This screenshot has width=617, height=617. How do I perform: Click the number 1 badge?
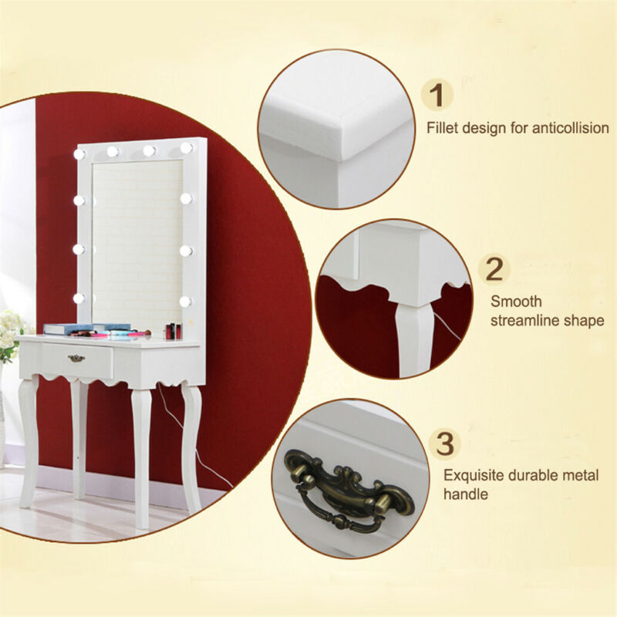[x=437, y=95]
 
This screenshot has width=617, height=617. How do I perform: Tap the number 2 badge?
[x=494, y=269]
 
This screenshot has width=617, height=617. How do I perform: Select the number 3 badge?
[x=445, y=443]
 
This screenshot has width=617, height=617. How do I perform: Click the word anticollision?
[x=571, y=128]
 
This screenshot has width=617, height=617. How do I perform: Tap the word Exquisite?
[x=474, y=475]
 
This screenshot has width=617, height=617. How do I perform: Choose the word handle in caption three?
[x=466, y=494]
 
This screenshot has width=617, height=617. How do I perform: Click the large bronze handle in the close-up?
[x=349, y=490]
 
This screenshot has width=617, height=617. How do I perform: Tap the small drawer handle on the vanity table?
[x=76, y=358]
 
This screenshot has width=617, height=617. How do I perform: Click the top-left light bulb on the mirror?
[x=79, y=154]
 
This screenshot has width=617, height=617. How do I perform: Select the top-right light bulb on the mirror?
[x=186, y=148]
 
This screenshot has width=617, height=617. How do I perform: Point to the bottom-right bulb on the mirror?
[x=185, y=302]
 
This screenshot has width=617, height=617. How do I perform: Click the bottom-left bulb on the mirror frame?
[x=79, y=298]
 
